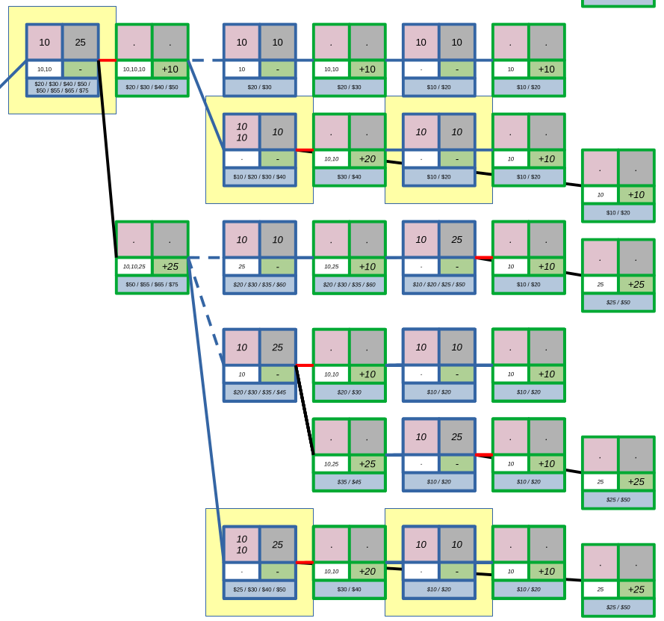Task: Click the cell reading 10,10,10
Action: coord(134,69)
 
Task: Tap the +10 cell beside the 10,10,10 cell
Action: coord(170,69)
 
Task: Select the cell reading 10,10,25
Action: coord(134,267)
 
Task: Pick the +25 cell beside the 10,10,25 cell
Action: coord(170,267)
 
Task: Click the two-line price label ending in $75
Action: coord(62,87)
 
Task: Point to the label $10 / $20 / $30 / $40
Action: coord(259,177)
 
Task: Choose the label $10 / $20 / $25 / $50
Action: coord(438,285)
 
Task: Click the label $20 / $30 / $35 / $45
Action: coord(259,392)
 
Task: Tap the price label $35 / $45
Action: coord(349,482)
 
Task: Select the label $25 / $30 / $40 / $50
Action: coord(259,590)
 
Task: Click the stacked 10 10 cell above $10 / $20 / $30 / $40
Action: coord(242,132)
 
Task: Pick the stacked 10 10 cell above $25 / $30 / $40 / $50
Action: coord(242,545)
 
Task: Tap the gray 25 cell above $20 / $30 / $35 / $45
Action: coord(278,347)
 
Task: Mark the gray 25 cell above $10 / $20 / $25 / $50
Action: coord(457,240)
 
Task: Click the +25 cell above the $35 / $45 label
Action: coord(367,464)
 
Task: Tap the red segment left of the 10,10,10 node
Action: coord(108,61)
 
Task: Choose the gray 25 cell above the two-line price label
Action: coord(81,43)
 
